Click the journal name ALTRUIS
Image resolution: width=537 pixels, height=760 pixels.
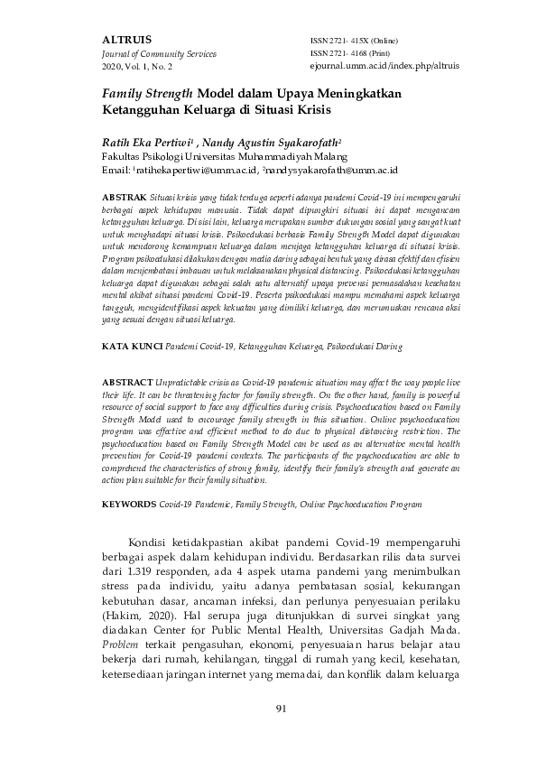pyautogui.click(x=127, y=40)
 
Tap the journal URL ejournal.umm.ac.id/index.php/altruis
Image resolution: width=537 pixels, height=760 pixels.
pyautogui.click(x=372, y=67)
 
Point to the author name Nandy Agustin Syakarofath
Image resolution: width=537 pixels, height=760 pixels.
pyautogui.click(x=272, y=141)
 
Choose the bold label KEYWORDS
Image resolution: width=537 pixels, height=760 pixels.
pyautogui.click(x=130, y=505)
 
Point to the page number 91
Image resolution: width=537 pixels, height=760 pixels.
pyautogui.click(x=281, y=733)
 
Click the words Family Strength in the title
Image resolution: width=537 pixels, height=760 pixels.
pyautogui.click(x=148, y=93)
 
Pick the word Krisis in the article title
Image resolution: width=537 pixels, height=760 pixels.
pyautogui.click(x=311, y=111)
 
